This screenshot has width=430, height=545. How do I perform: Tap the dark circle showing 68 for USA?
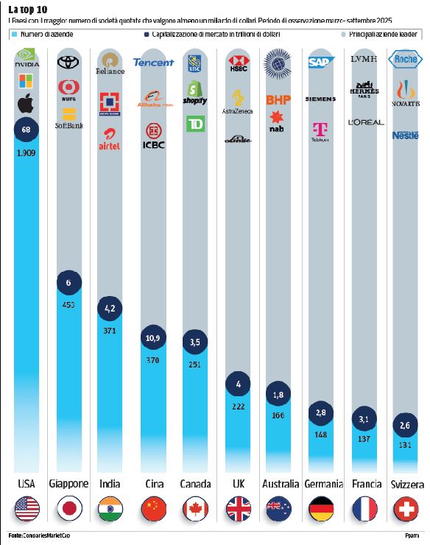(27, 130)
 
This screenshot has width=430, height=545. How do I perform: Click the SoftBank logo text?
(69, 126)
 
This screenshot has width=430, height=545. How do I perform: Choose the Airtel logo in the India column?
(110, 138)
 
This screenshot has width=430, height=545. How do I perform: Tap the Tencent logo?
(153, 63)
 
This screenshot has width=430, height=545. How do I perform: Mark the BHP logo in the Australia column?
(279, 99)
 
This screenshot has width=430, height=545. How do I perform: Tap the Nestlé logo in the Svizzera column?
(406, 136)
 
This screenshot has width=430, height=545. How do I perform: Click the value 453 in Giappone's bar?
(69, 305)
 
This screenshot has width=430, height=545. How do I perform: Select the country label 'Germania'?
(322, 484)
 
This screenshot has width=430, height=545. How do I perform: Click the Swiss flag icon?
(406, 509)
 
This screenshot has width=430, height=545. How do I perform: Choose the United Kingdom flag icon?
(237, 509)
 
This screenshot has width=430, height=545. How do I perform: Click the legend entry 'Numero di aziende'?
(44, 35)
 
